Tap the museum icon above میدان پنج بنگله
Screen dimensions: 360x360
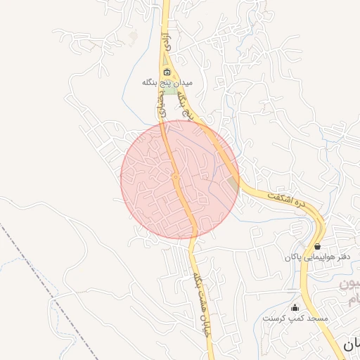(x=167, y=72)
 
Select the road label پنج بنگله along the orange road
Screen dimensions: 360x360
(x=186, y=96)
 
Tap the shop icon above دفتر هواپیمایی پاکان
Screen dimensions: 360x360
(x=318, y=246)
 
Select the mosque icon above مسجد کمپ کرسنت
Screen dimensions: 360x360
(x=295, y=308)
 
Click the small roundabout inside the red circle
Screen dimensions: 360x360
(x=175, y=177)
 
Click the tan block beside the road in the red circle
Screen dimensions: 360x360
(x=233, y=184)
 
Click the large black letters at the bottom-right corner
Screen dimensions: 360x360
(x=351, y=345)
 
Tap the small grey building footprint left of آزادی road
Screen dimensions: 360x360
(x=134, y=35)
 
